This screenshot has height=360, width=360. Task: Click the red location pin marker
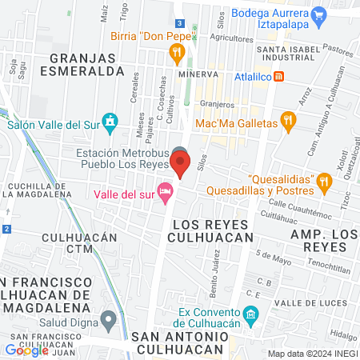point(180,166)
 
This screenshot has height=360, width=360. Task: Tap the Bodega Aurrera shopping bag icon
point(319,14)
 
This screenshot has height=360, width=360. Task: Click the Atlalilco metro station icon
point(278,77)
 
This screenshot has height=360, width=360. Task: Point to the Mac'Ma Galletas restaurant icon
point(289,122)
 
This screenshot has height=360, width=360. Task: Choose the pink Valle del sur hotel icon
point(166,191)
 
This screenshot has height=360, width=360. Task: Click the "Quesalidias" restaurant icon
point(324,181)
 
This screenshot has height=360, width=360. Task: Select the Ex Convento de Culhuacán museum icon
point(251,315)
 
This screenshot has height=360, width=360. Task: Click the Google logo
point(26,350)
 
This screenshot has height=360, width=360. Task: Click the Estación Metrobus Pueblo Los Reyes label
point(122,158)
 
